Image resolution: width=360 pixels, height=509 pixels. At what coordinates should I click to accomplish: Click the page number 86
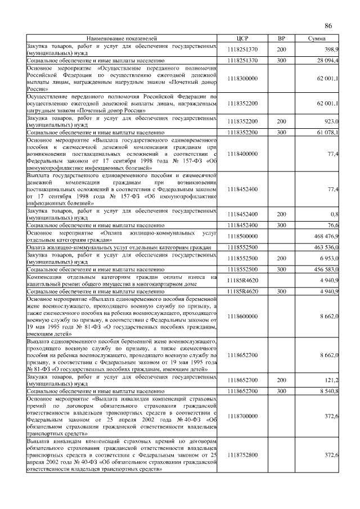[x=328, y=26]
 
